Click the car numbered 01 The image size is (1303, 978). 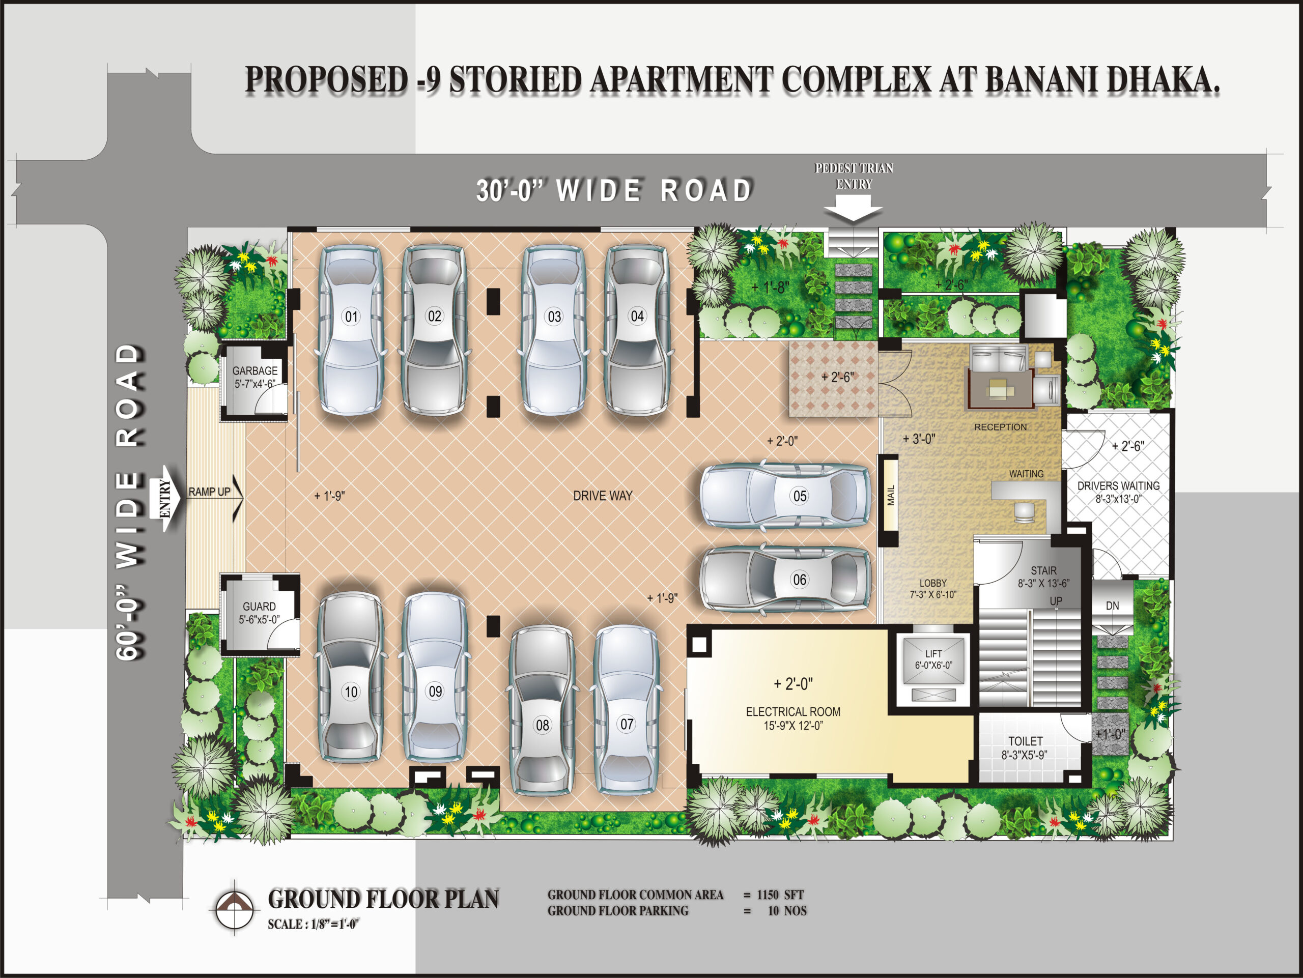[x=351, y=330]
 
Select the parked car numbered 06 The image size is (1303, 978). [x=786, y=580]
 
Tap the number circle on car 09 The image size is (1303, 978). [x=435, y=691]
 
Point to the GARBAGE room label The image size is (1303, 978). [x=255, y=370]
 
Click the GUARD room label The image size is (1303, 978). [x=259, y=606]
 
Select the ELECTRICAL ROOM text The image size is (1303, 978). [x=793, y=711]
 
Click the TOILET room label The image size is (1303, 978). [x=1026, y=741]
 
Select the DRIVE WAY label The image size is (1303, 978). [x=603, y=496]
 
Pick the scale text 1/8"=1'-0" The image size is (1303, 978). [x=334, y=925]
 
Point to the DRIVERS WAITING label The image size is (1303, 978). [x=1118, y=486]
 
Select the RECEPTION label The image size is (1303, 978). [x=1000, y=427]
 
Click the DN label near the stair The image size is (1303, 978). [x=1112, y=606]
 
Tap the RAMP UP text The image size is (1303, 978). [x=209, y=492]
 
